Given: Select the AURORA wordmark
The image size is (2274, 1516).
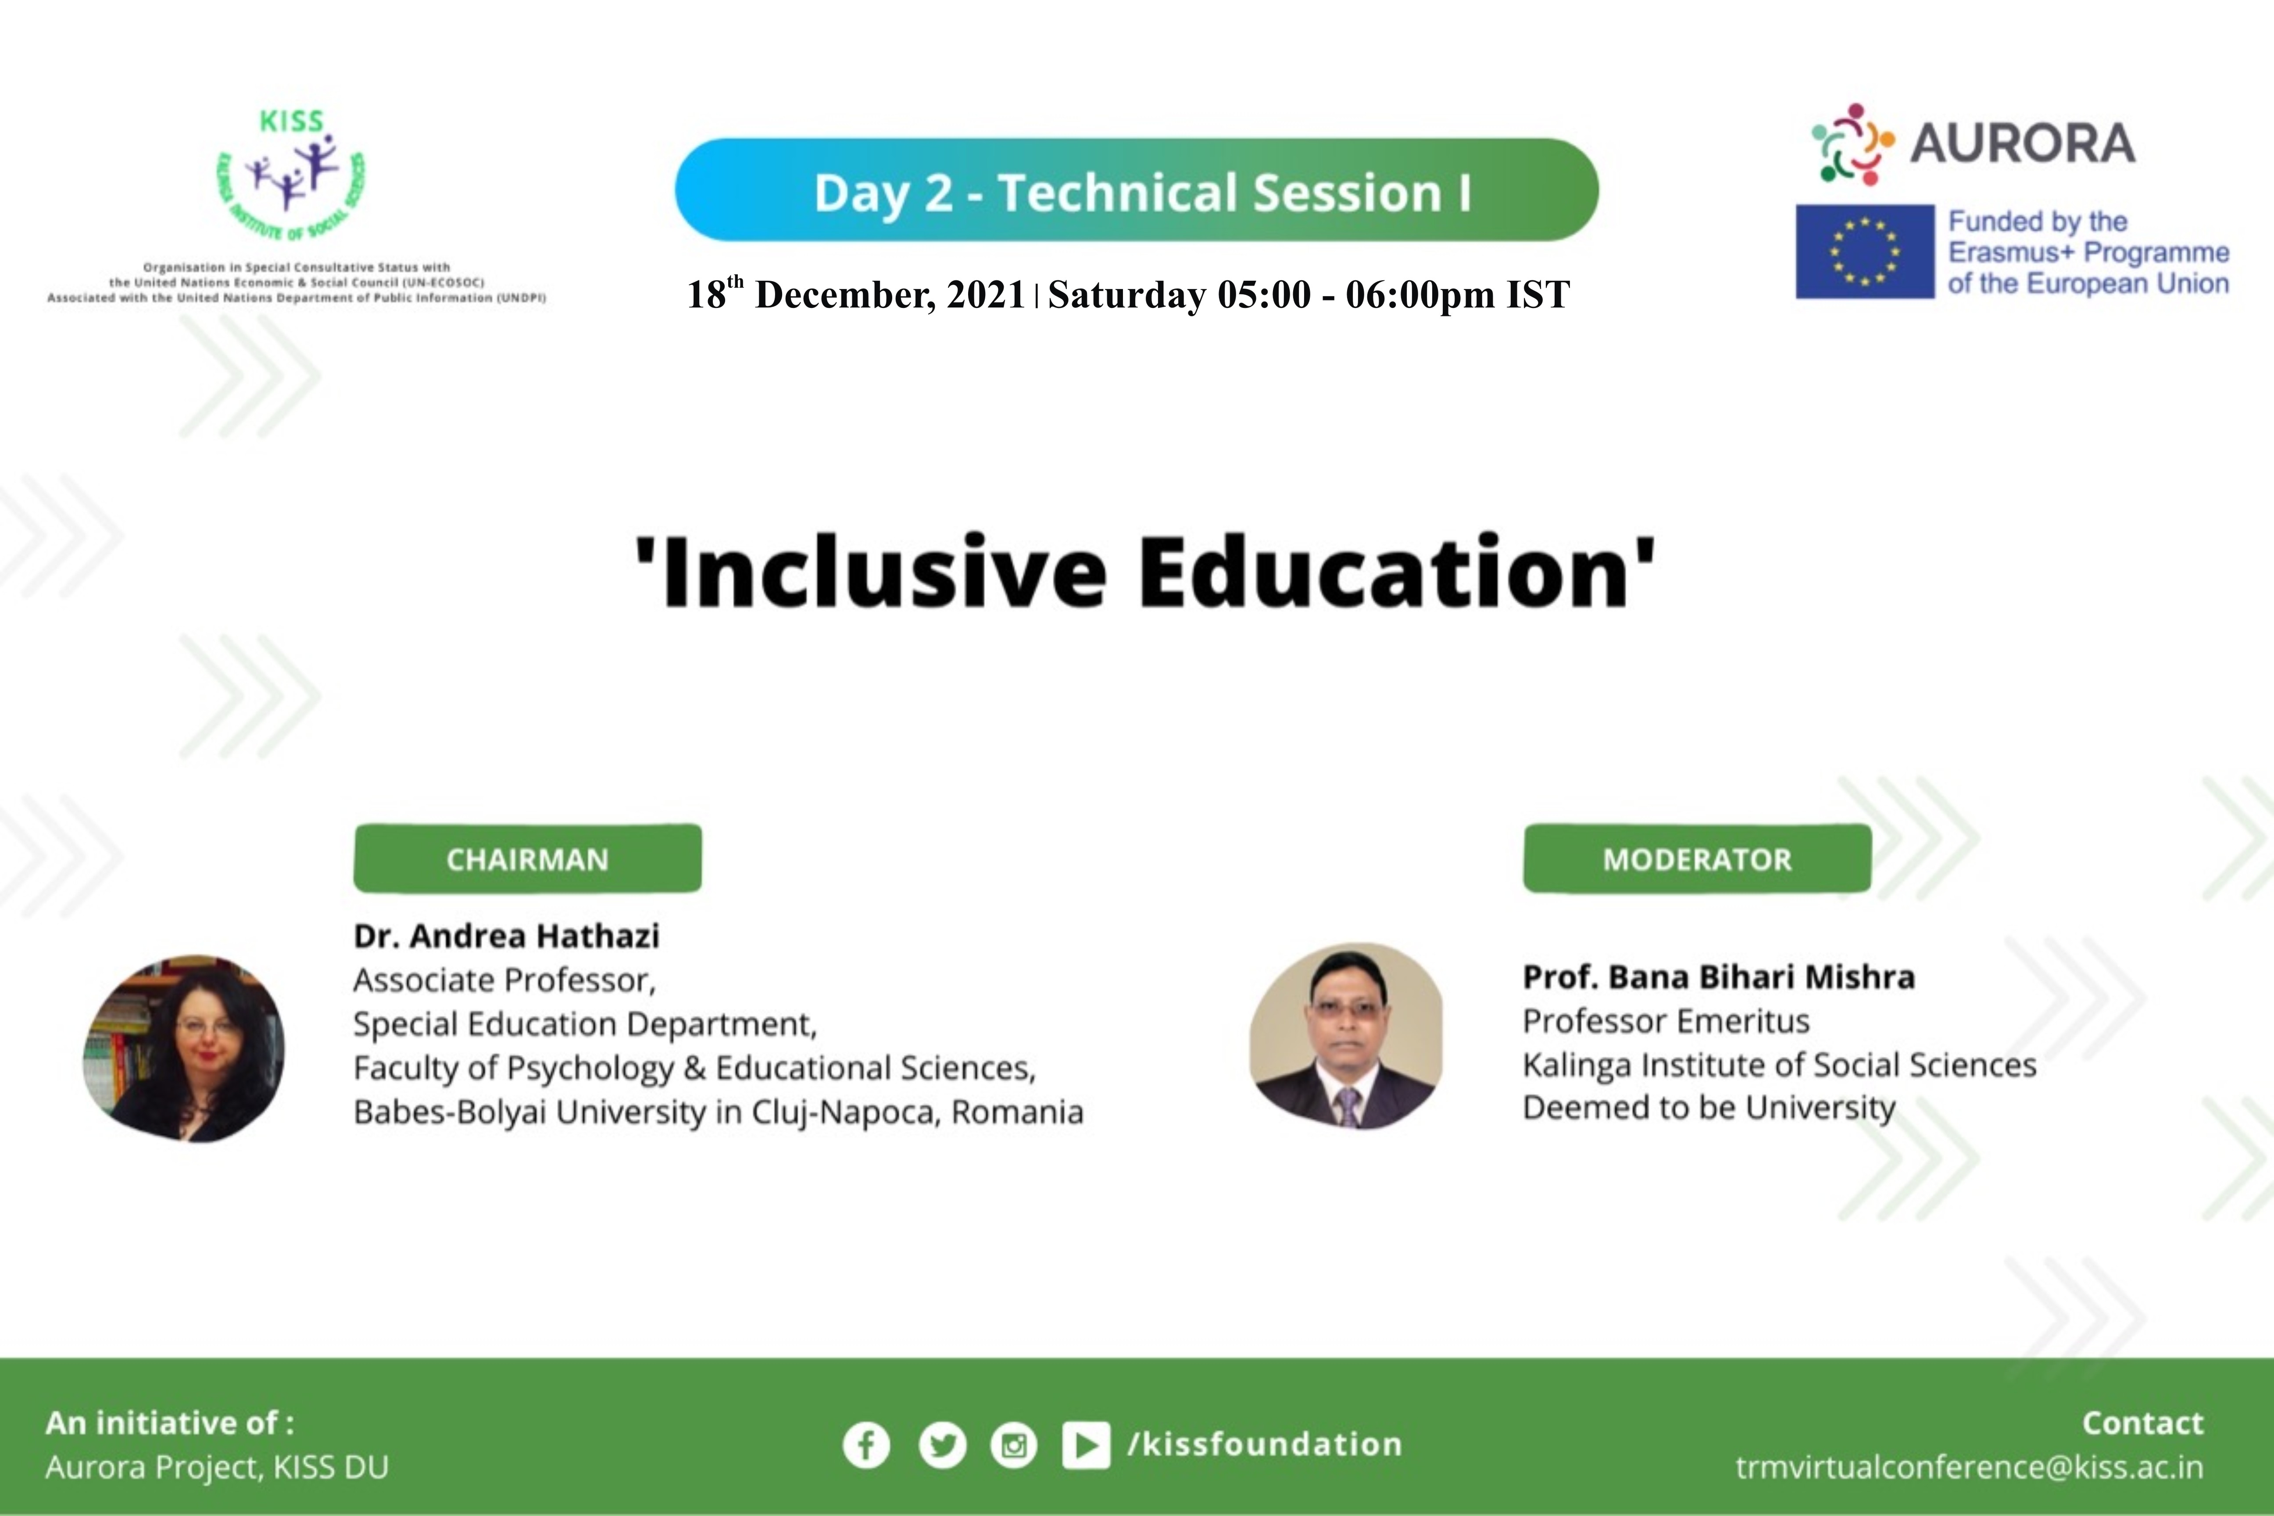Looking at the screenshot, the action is click(x=2023, y=143).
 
